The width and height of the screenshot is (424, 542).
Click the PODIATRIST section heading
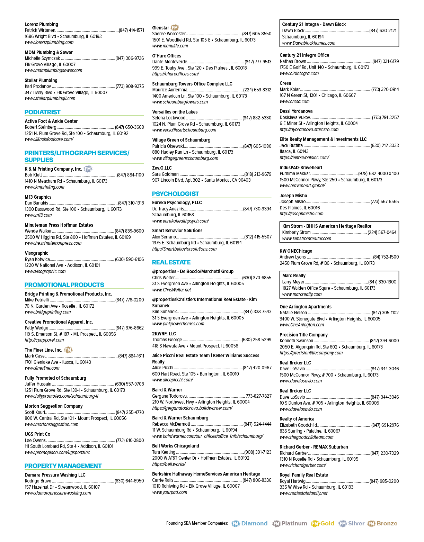pyautogui.click(x=42, y=112)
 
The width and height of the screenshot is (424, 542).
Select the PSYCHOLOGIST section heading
pyautogui.click(x=175, y=193)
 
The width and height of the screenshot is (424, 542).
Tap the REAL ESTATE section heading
pyautogui.click(x=171, y=262)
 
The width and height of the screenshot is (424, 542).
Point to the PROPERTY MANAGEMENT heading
pyautogui.click(x=63, y=466)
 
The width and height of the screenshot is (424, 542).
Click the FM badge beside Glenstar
pyautogui.click(x=175, y=27)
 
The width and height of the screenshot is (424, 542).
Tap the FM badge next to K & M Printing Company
pyautogui.click(x=88, y=169)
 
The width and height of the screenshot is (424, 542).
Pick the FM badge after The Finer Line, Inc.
pyautogui.click(x=68, y=350)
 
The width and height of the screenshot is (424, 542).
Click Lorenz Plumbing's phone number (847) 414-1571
pyautogui.click(x=131, y=30)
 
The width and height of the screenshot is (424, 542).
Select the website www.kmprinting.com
pyautogui.click(x=44, y=187)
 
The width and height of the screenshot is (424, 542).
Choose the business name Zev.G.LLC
pyautogui.click(x=162, y=168)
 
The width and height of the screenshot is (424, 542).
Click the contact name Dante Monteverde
pyautogui.click(x=170, y=62)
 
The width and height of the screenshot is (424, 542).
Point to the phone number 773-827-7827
pyautogui.click(x=258, y=396)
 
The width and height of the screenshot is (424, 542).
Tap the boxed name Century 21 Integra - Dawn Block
pyautogui.click(x=314, y=24)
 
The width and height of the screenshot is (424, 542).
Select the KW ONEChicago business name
pyautogui.click(x=296, y=251)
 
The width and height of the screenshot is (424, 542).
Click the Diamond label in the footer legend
pyautogui.click(x=254, y=523)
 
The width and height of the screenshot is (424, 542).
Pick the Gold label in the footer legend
pyautogui.click(x=327, y=523)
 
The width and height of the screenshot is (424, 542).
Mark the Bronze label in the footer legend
pyautogui.click(x=387, y=523)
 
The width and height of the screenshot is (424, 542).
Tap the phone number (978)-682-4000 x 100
pyautogui.click(x=379, y=173)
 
